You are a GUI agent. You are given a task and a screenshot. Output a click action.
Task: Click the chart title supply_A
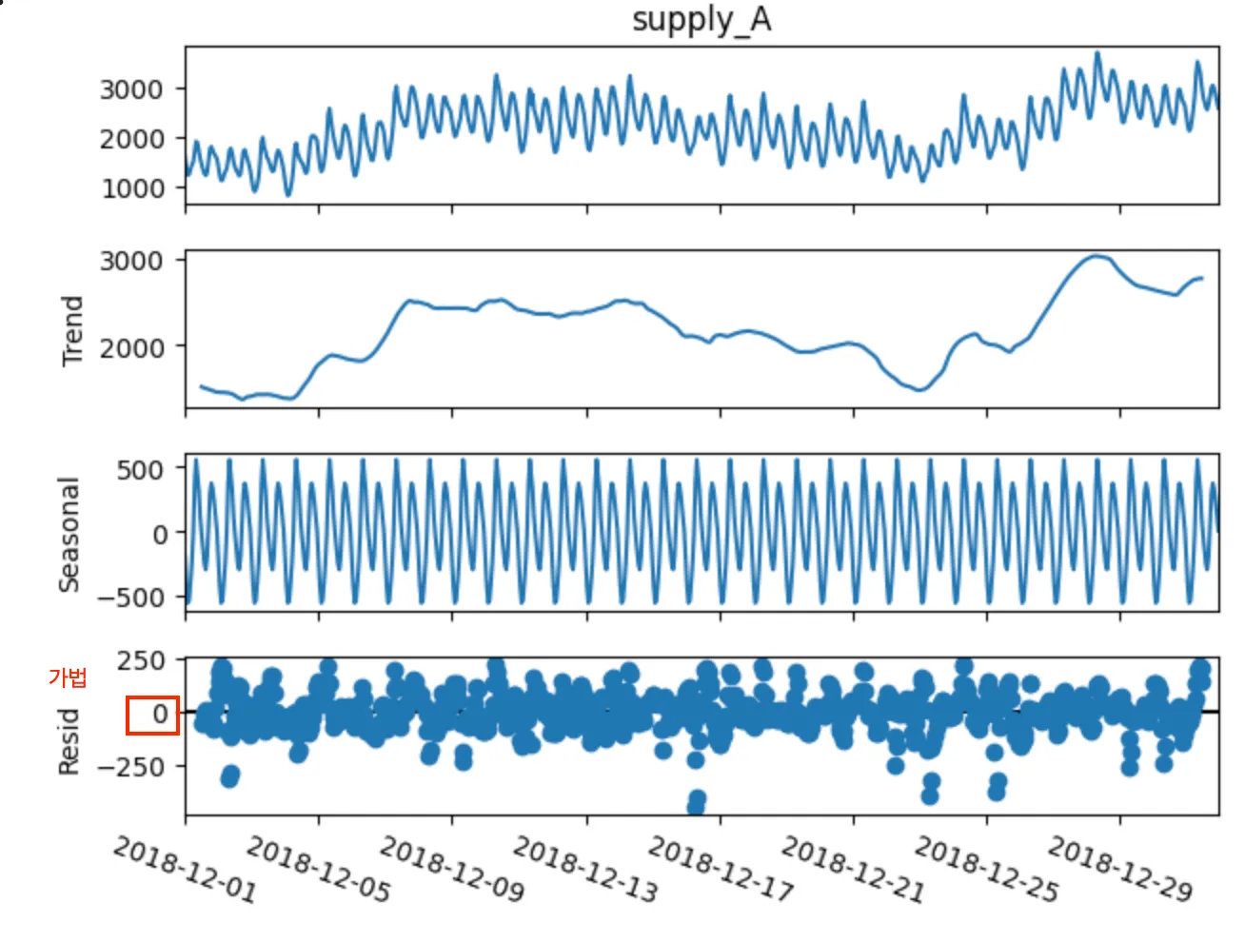tap(702, 20)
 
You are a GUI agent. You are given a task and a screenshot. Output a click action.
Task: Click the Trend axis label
tap(72, 330)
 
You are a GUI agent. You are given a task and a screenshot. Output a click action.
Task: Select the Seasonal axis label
tap(69, 534)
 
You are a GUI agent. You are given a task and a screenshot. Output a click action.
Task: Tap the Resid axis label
tap(69, 741)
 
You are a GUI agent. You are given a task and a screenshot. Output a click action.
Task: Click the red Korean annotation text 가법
tap(68, 677)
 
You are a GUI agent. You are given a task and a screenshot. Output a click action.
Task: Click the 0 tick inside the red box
tap(159, 714)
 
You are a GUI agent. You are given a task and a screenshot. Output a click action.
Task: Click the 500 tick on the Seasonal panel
tap(140, 469)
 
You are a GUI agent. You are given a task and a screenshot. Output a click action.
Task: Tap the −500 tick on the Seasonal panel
tap(130, 598)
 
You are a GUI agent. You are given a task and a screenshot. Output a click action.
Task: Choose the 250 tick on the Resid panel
tap(141, 660)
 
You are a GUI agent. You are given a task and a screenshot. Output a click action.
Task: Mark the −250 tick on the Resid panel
tap(130, 766)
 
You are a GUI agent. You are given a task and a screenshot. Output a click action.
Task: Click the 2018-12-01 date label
tap(185, 869)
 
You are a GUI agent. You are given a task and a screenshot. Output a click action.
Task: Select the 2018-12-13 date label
tap(585, 869)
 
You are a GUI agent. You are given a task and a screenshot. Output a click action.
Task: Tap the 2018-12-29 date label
tap(1119, 869)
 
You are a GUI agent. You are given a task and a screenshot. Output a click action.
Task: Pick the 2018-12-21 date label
tap(852, 869)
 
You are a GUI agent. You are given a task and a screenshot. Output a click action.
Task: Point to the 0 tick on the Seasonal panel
tap(160, 534)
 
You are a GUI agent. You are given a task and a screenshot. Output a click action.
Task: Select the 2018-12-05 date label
tap(318, 869)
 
